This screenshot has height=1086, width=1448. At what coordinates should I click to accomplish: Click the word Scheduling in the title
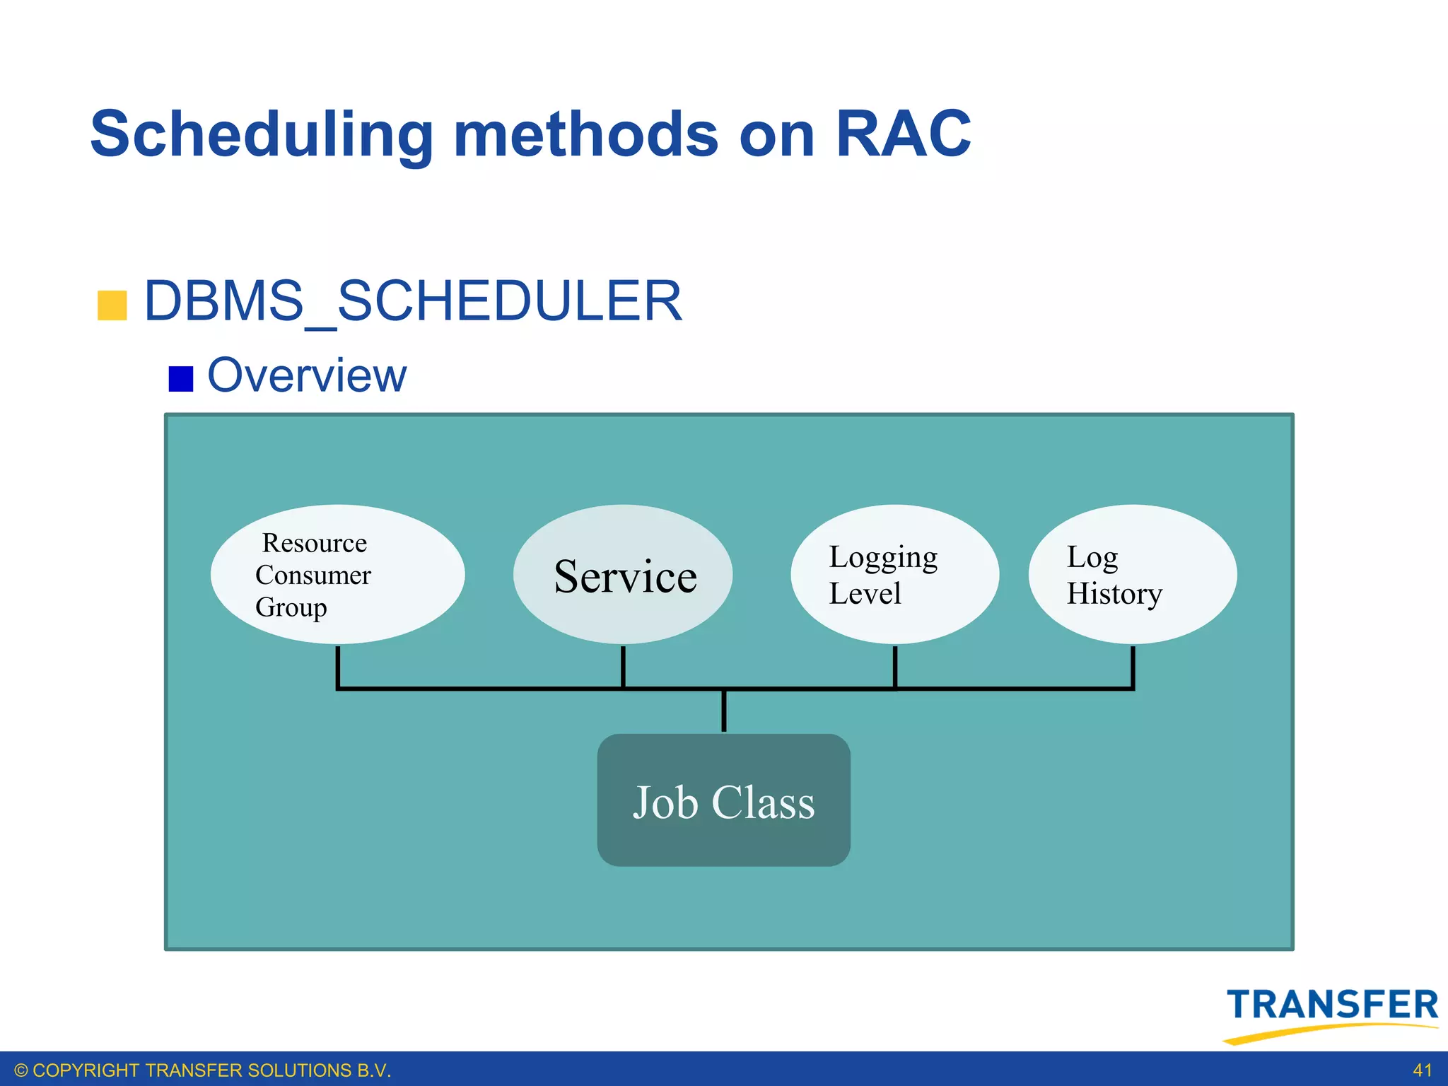pos(262,134)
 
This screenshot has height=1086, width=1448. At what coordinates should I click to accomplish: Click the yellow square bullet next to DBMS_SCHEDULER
pos(112,305)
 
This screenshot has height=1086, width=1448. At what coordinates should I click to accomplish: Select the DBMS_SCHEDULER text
pos(413,301)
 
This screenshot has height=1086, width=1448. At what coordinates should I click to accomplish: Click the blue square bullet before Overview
pos(181,378)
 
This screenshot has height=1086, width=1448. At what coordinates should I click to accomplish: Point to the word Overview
pos(307,375)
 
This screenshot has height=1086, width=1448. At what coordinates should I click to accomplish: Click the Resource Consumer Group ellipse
pos(337,573)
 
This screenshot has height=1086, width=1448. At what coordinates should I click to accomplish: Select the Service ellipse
pos(623,573)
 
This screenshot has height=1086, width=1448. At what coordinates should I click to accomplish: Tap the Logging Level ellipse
pos(894,573)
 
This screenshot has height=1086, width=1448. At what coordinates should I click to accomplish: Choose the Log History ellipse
pos(1132,573)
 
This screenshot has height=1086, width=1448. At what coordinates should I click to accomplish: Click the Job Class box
pos(723,800)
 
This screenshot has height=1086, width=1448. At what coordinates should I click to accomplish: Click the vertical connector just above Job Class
pos(723,711)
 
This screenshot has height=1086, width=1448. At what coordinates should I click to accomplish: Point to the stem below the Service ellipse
pos(623,665)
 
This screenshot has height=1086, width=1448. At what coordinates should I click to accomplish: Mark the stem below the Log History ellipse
pos(1133,665)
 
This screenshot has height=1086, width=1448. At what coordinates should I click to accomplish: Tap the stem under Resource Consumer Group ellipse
pos(338,665)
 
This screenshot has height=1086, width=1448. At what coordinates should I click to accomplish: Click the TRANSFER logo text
pos(1332,1005)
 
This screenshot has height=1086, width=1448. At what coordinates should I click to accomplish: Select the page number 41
pos(1422,1070)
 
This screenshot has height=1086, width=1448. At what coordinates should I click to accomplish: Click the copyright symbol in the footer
pos(21,1070)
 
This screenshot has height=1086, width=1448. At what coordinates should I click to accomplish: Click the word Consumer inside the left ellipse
pos(313,575)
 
